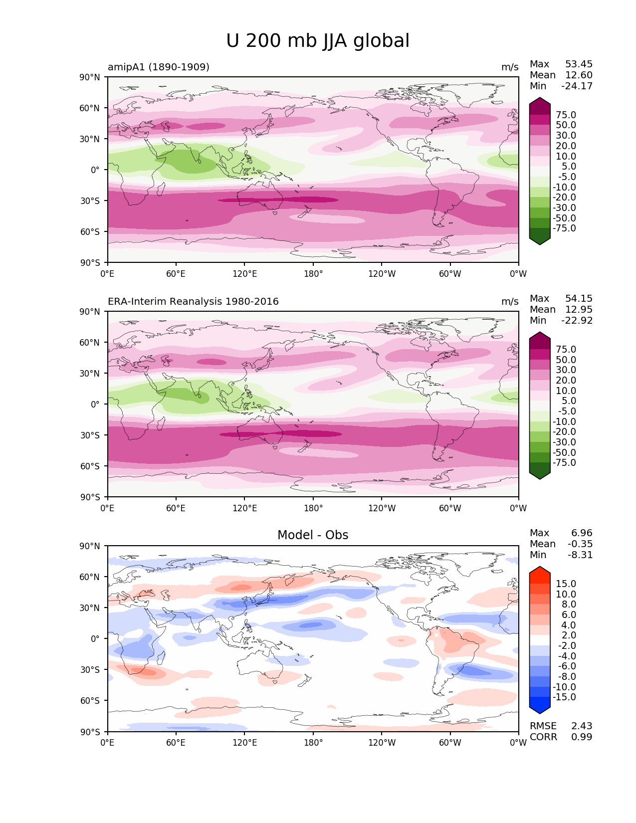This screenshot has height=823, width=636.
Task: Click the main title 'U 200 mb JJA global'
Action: click(318, 41)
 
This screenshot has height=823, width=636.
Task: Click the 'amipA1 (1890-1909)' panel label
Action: click(159, 67)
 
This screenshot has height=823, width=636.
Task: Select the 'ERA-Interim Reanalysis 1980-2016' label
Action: click(193, 301)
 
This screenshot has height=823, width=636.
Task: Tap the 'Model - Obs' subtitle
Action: click(313, 535)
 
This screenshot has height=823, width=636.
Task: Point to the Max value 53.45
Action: click(579, 64)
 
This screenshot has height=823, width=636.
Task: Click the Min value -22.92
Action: click(577, 320)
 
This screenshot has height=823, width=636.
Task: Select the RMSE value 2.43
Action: click(582, 726)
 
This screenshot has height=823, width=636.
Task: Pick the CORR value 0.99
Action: click(582, 737)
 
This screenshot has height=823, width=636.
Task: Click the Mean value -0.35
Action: click(580, 544)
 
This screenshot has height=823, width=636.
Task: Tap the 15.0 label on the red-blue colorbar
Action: click(566, 584)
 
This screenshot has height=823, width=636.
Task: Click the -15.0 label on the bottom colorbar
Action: click(564, 697)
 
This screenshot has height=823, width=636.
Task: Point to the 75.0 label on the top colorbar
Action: click(566, 115)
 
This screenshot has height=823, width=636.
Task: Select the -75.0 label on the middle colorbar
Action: click(564, 462)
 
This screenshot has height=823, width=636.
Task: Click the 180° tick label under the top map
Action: click(313, 273)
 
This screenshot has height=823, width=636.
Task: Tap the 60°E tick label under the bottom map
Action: click(176, 742)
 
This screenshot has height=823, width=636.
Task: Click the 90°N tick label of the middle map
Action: click(90, 311)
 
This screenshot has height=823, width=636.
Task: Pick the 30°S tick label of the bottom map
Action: click(90, 669)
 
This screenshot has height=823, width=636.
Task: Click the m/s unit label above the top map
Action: click(510, 67)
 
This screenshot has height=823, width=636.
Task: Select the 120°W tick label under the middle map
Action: click(382, 508)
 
